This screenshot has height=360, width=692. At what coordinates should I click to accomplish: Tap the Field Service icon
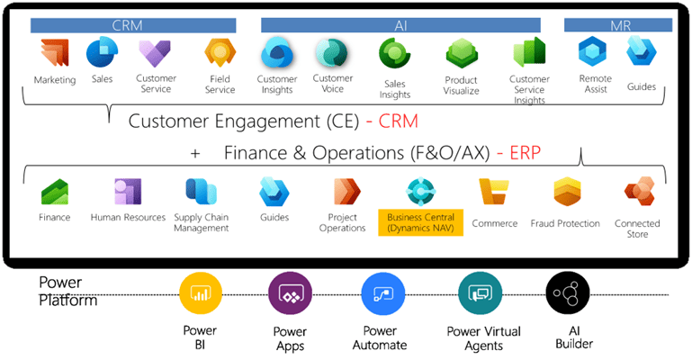pos(220,55)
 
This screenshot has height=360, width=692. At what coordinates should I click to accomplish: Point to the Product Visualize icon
pos(461,57)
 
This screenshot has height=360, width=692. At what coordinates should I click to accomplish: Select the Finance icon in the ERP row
pos(55,192)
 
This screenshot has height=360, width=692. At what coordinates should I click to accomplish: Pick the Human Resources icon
pos(128,192)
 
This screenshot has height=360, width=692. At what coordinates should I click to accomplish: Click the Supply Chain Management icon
pos(201,192)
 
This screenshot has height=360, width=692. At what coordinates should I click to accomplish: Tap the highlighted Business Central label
pos(420,222)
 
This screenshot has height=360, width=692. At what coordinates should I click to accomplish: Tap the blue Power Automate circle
pos(380,294)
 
